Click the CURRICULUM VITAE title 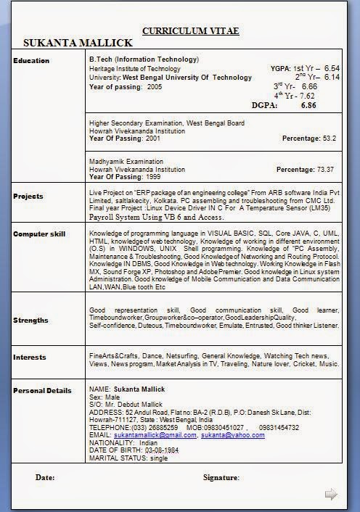190,31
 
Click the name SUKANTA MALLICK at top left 78,44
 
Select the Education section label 31,60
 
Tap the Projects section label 28,196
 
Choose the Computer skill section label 39,234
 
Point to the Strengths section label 31,320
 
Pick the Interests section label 30,357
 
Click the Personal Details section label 43,391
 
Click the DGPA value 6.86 308,105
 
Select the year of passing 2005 155,86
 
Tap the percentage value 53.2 330,138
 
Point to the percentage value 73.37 325,170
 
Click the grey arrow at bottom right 330,494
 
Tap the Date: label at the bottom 45,477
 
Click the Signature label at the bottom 221,477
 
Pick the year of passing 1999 153,177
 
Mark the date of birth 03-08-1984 162,450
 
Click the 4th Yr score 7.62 307,96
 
